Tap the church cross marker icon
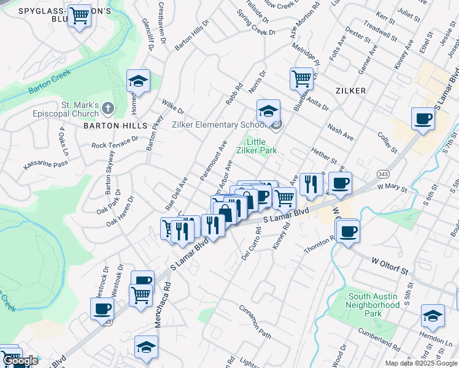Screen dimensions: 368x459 (107, 109)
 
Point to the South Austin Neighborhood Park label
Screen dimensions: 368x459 (374, 305)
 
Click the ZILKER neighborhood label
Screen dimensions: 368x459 (351, 91)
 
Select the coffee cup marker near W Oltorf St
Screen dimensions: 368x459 (347, 231)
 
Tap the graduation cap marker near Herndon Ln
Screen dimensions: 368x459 (433, 315)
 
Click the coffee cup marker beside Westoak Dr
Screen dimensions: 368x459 (102, 309)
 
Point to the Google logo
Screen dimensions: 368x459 (20, 361)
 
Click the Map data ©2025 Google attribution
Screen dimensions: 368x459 (420, 363)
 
